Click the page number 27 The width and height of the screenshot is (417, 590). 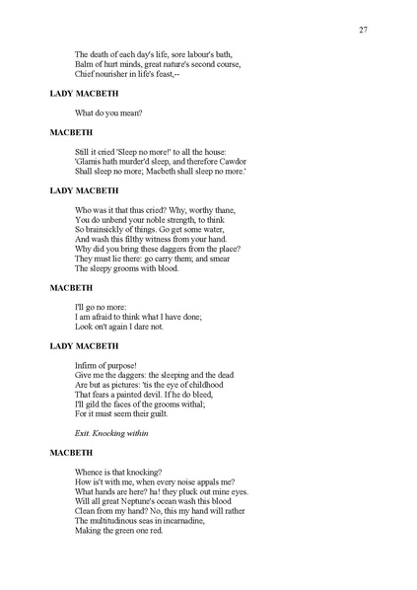point(364,30)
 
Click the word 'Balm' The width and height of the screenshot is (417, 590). point(85,64)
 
